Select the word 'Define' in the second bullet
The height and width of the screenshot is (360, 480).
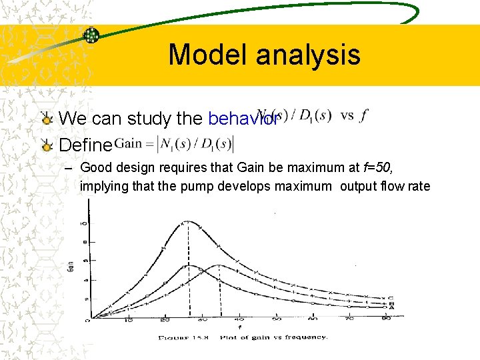(85, 144)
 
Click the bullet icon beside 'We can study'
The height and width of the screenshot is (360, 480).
(47, 119)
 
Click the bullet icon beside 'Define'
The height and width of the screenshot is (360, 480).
(47, 144)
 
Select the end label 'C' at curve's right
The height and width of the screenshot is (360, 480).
(391, 298)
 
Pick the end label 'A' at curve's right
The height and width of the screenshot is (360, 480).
(391, 307)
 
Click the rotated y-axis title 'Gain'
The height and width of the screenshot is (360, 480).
(71, 268)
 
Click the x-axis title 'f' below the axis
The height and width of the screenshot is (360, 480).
(239, 327)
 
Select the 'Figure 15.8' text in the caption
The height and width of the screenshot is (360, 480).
(182, 337)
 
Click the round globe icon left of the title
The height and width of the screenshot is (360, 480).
(91, 35)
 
